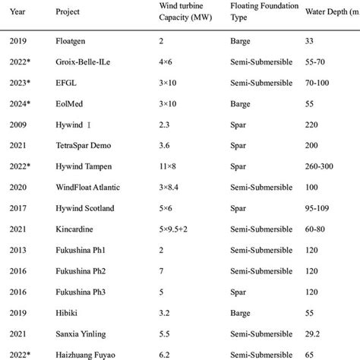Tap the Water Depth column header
(331, 12)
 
